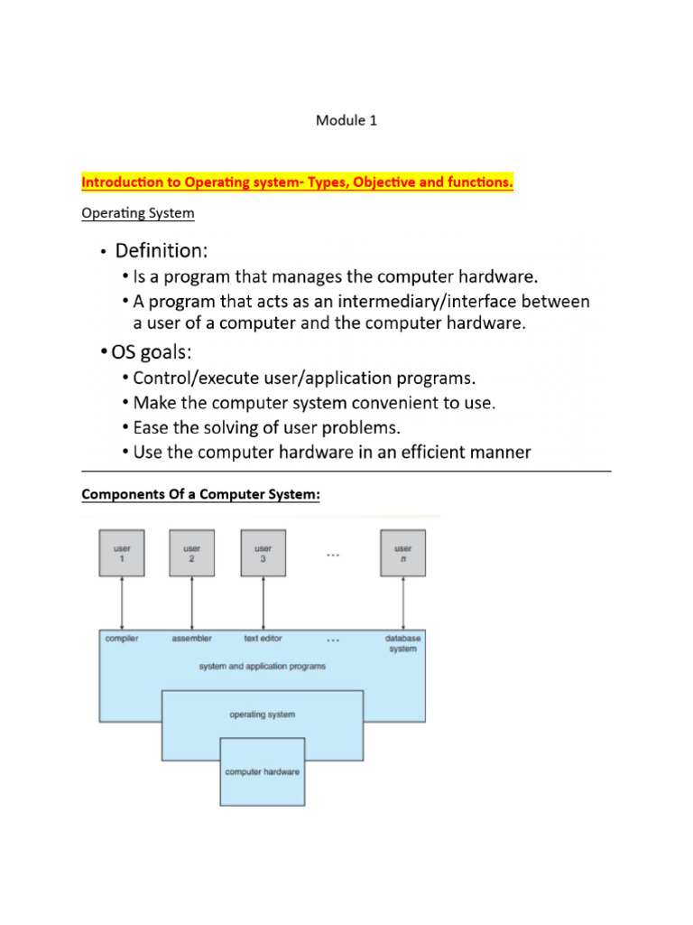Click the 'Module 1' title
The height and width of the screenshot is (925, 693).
pyautogui.click(x=346, y=120)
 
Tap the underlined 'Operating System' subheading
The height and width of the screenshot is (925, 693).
pyautogui.click(x=137, y=214)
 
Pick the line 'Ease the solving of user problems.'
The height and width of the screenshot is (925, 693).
pyautogui.click(x=266, y=426)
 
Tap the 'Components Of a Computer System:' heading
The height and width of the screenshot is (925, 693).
pyautogui.click(x=200, y=495)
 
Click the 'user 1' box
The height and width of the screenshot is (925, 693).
pyautogui.click(x=121, y=553)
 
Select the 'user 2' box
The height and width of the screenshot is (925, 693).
pyautogui.click(x=192, y=553)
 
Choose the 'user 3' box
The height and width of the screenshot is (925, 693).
pyautogui.click(x=263, y=553)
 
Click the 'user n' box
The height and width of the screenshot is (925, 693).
pyautogui.click(x=402, y=553)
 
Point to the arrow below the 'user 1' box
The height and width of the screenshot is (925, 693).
pyautogui.click(x=121, y=602)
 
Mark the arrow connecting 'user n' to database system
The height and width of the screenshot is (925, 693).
pyautogui.click(x=402, y=602)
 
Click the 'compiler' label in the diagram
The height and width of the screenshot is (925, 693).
pyautogui.click(x=122, y=639)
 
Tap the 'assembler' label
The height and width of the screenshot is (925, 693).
pyautogui.click(x=192, y=639)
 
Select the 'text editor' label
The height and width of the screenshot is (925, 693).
pyautogui.click(x=263, y=639)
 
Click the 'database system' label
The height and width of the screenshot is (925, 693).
pyautogui.click(x=402, y=643)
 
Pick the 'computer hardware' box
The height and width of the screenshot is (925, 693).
pyautogui.click(x=263, y=771)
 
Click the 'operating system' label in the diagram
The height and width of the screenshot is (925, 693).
pyautogui.click(x=262, y=715)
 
